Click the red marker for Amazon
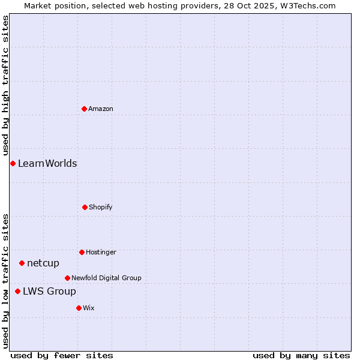coord(84,109)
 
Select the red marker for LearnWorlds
coord(13,163)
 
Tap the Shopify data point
coord(85,207)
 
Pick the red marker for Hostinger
coord(82,252)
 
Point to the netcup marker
coord(22,263)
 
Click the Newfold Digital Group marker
coord(67,278)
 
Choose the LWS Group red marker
coord(17,291)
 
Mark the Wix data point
coord(79,308)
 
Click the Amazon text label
coord(101,109)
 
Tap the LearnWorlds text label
coord(47,163)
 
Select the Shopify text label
coord(101,207)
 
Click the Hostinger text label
coord(101,252)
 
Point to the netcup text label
coord(43,263)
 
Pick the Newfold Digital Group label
coord(106,278)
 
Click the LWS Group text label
coord(49,291)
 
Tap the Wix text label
coord(89,308)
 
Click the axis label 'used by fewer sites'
coord(62,355)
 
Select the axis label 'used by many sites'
coord(301,355)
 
